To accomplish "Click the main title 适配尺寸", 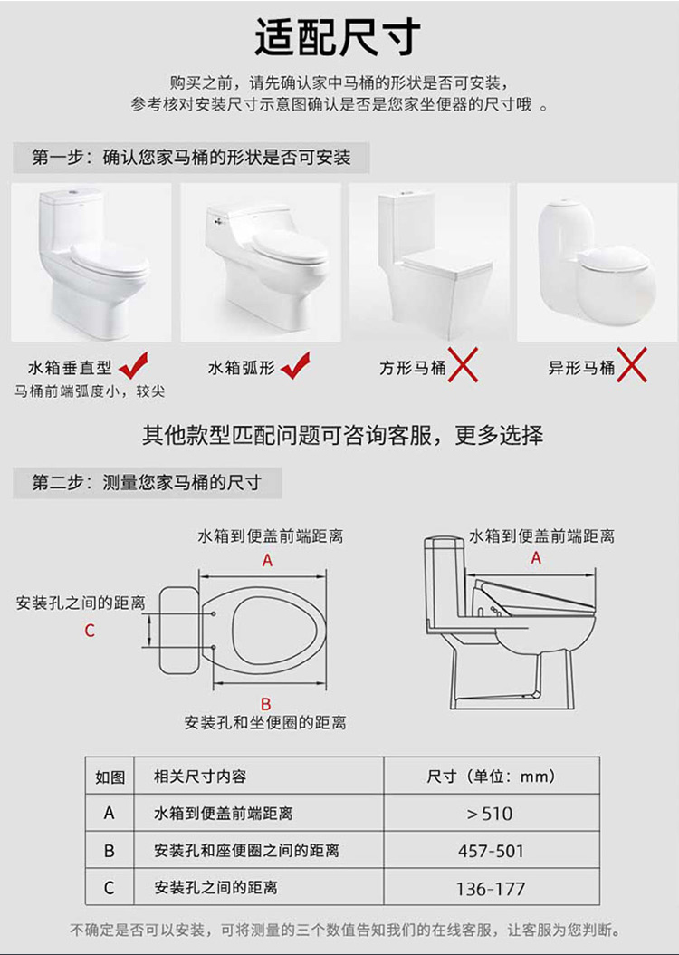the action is point(339,36).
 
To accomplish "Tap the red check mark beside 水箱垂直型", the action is point(135,365).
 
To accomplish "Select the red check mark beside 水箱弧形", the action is point(295,365).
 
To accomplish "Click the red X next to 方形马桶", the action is point(463,364).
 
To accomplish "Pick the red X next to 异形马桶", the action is point(632,364).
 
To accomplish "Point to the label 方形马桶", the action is point(413,368).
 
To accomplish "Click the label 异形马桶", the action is point(581,368).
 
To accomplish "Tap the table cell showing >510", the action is point(490,813).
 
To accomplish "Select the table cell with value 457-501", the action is point(491,850).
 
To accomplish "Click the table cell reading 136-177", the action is point(491,889).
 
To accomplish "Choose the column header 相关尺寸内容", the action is point(199,777).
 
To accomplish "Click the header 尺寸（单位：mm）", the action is point(491,777).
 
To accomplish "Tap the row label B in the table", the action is point(109,850).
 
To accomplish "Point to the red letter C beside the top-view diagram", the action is point(90,631).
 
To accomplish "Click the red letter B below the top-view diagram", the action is point(266,705).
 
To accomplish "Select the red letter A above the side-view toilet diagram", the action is point(536,558).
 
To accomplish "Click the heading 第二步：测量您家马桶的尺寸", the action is point(147,483).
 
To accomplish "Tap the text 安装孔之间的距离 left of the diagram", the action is point(81,603).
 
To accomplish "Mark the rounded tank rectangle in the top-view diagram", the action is point(179,630).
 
